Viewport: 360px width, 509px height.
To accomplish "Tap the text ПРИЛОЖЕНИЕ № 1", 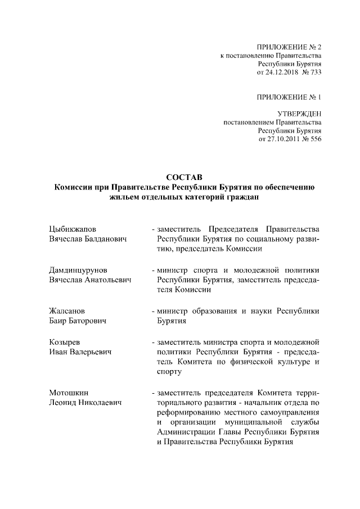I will [x=289, y=97].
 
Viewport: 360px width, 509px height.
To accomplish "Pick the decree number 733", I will [x=314, y=72].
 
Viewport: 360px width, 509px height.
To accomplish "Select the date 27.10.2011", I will [x=277, y=139].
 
